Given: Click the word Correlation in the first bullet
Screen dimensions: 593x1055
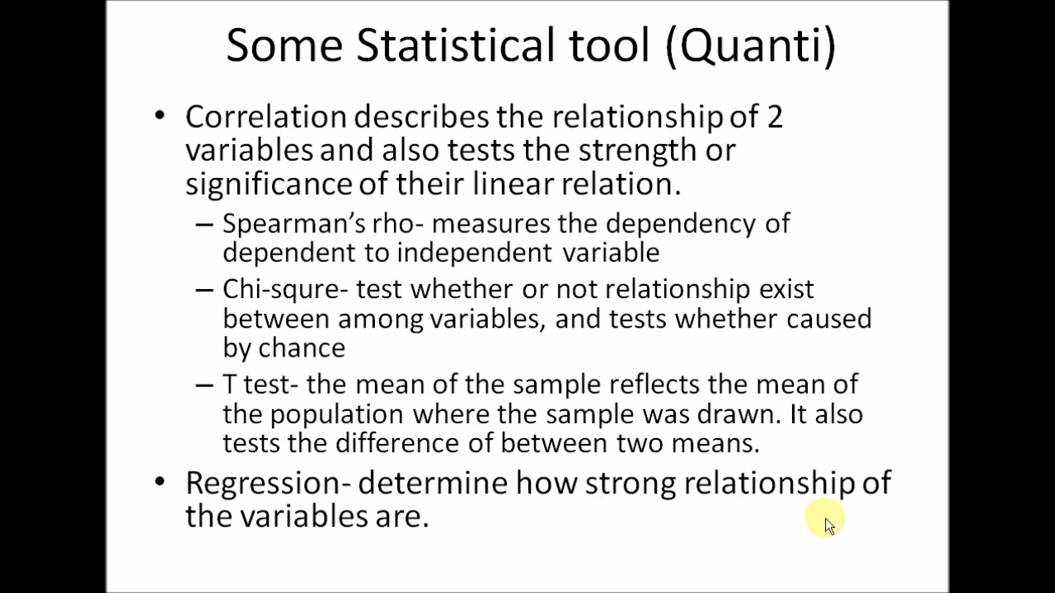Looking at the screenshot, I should [265, 117].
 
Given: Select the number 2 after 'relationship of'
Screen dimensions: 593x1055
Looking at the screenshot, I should [774, 117].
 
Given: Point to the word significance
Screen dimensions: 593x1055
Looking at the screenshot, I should [268, 184].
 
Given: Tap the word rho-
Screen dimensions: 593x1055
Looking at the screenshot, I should [399, 224].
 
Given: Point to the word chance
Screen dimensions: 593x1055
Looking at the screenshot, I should [302, 348].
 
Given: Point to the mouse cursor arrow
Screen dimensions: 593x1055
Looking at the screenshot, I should [828, 524].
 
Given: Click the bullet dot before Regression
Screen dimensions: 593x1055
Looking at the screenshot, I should [159, 481].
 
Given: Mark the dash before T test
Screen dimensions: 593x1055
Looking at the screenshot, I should [204, 385].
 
